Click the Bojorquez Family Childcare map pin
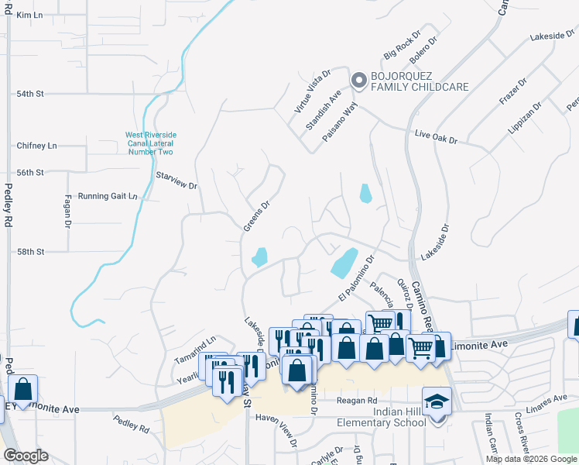[x=358, y=80]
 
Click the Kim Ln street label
[x=29, y=15]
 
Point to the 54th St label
[x=31, y=93]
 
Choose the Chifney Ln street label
[x=37, y=146]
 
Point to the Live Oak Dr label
[x=436, y=137]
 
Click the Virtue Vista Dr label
[x=312, y=91]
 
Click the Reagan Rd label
[x=356, y=400]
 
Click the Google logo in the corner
[x=26, y=456]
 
